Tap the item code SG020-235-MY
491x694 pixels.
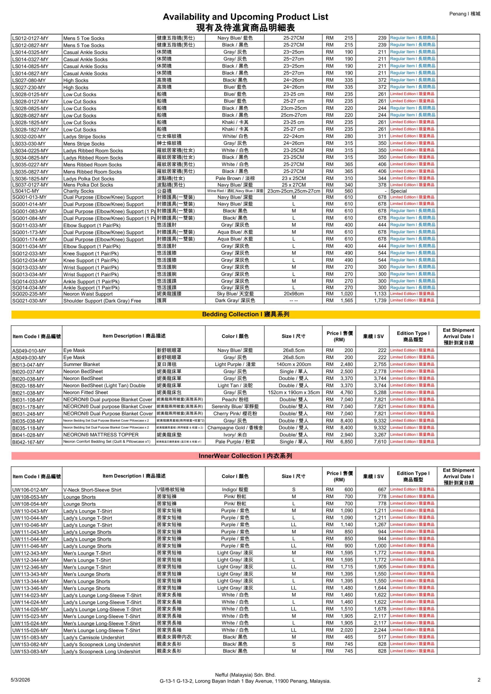click(x=29, y=294)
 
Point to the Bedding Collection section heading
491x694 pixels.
click(x=245, y=314)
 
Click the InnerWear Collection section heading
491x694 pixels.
click(x=245, y=456)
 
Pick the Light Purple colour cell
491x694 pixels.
click(x=235, y=365)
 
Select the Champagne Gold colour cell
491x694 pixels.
click(x=235, y=428)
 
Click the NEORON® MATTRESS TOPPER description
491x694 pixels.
click(x=101, y=435)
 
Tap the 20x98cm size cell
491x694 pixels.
click(x=294, y=294)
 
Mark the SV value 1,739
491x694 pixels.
click(x=380, y=300)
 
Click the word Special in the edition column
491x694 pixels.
click(x=398, y=191)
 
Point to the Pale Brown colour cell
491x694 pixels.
click(x=235, y=178)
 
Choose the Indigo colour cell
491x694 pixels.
click(x=235, y=490)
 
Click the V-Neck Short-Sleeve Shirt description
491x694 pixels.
click(x=92, y=490)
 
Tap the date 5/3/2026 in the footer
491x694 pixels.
click(x=20, y=680)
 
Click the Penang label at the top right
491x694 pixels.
click(x=464, y=14)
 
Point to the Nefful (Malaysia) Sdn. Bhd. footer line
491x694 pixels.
click(x=245, y=675)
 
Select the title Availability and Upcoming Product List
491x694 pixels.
click(x=245, y=17)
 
